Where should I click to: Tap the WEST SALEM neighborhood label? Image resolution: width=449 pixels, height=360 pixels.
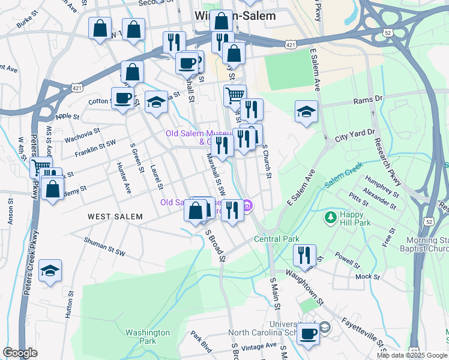coord(115,217)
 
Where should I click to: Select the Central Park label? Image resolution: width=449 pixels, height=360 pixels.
coord(276,239)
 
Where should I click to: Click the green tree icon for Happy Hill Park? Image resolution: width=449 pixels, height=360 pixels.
coord(330,215)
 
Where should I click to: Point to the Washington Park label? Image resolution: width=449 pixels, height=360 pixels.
coord(148,337)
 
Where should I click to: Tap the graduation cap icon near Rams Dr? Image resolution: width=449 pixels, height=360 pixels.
coord(306,112)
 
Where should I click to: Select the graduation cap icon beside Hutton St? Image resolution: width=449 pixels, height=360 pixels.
coord(50,271)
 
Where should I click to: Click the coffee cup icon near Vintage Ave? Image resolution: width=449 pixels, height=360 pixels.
coord(309,334)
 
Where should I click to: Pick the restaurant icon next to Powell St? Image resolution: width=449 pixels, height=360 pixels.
coord(305,255)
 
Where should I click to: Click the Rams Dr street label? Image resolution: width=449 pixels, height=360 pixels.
coord(367,98)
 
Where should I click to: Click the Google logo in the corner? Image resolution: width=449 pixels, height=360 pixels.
coord(20,353)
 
